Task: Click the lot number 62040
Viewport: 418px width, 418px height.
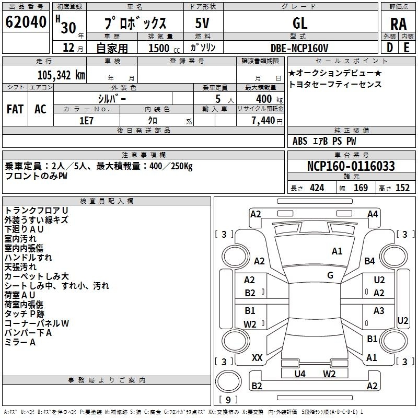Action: (26, 22)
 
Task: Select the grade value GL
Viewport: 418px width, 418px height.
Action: (300, 23)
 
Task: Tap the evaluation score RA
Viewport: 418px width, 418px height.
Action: (398, 24)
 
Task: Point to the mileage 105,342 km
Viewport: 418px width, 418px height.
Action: (61, 75)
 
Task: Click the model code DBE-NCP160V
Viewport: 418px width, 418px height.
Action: (299, 48)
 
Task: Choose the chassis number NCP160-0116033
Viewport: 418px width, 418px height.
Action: (351, 166)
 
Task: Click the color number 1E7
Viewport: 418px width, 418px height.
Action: (86, 121)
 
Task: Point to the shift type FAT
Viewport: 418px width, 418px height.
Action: (15, 109)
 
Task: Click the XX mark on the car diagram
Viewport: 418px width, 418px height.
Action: (257, 358)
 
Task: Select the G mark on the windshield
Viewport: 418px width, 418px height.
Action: (330, 275)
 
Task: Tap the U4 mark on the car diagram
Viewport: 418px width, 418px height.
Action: (300, 374)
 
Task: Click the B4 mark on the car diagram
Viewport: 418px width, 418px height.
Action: (370, 261)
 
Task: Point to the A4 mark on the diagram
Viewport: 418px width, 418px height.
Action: (373, 214)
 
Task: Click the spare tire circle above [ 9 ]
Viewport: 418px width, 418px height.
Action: (228, 381)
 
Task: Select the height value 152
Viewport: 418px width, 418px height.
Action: (402, 188)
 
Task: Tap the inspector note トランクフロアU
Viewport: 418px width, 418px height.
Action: (36, 211)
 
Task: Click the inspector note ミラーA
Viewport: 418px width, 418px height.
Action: (20, 342)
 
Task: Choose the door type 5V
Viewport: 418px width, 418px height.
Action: (202, 23)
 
